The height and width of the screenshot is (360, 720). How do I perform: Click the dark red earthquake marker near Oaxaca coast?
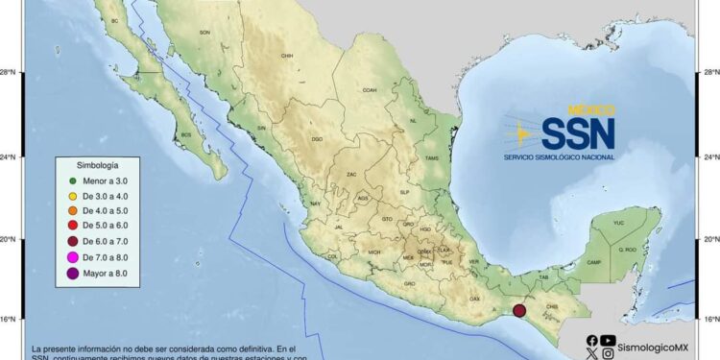click(x=519, y=310)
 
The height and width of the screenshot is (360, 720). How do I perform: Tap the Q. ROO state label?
click(x=627, y=250)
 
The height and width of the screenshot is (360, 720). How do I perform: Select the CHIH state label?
click(x=286, y=57)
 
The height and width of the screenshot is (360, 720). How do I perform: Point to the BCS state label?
click(x=186, y=135)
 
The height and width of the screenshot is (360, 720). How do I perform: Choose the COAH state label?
click(x=369, y=90)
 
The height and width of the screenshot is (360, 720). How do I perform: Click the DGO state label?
click(x=317, y=140)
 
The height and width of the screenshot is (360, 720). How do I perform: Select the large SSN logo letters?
click(x=578, y=133)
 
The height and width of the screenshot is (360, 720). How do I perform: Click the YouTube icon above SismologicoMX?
click(x=608, y=339)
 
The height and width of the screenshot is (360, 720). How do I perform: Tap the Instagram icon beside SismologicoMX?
click(x=608, y=354)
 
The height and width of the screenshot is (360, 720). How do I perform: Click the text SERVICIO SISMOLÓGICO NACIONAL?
click(x=560, y=156)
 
